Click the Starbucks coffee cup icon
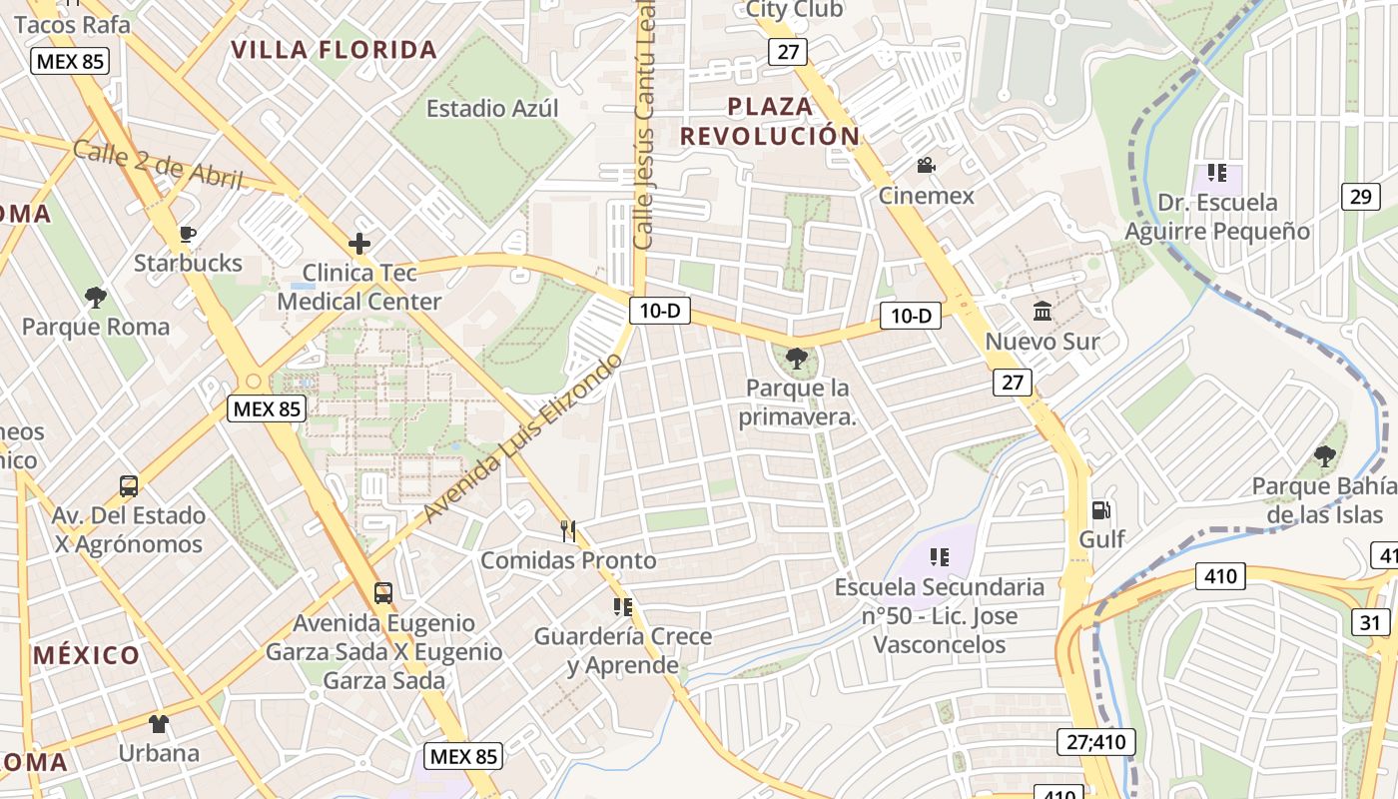187,235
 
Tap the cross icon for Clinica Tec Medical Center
358,244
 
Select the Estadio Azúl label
492,108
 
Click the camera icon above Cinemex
926,166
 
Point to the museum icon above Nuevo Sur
1043,312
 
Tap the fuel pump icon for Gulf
1101,510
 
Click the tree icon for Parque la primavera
797,359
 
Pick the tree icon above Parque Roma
96,298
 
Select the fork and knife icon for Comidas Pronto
568,530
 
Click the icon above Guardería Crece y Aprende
623,606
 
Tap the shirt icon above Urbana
159,723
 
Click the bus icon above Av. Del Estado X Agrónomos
129,486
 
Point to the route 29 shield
1360,197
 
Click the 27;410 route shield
1095,742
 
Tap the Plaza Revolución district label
770,121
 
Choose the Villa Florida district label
334,49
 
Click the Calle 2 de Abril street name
159,166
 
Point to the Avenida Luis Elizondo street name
523,438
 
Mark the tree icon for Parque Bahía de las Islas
1324,457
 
